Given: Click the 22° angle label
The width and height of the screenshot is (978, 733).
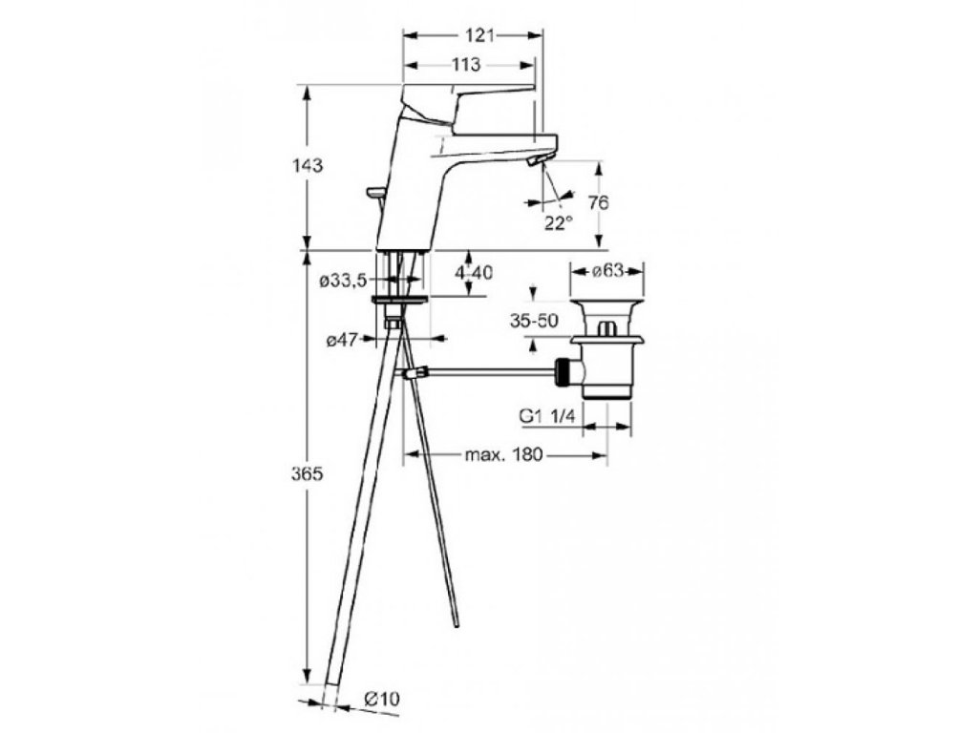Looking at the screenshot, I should pos(559,222).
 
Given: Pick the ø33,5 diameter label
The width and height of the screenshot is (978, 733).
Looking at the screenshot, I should pos(342,282).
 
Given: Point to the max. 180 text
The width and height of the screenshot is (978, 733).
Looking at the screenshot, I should pos(503,455).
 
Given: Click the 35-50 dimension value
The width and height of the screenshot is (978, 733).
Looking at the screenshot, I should pos(534,322).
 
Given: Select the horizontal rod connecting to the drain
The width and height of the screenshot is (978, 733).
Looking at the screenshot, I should pos(487,371).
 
